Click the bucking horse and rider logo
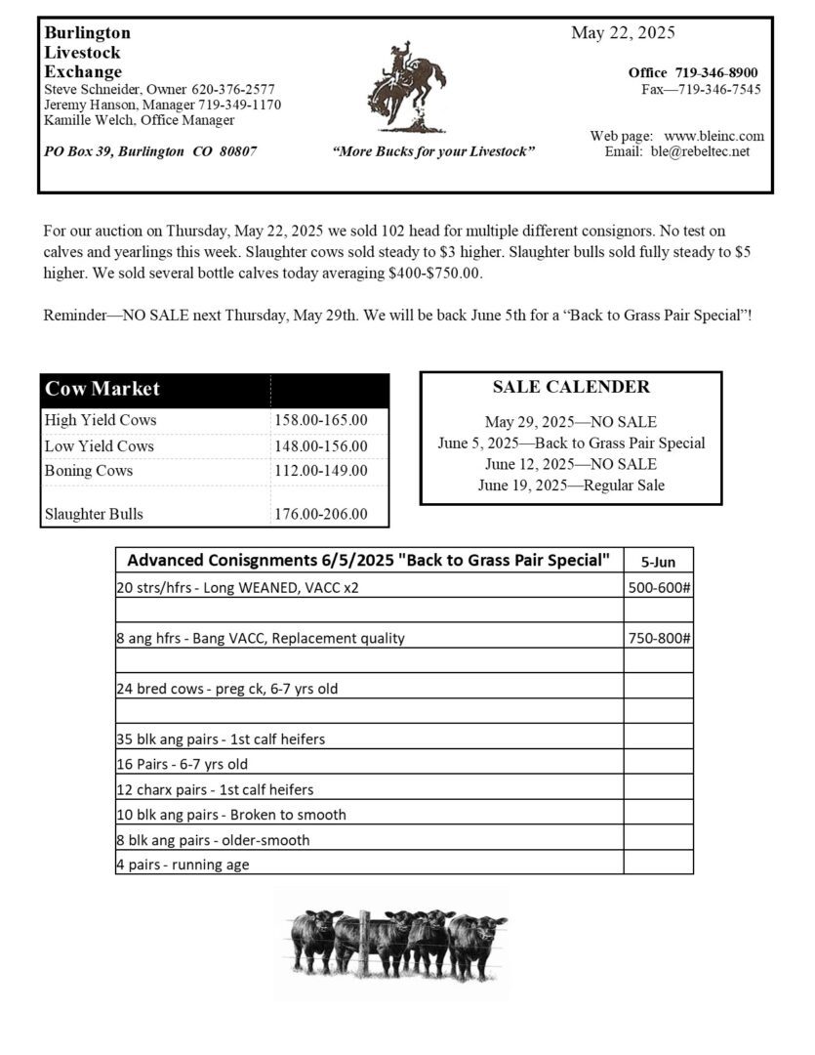point(405,88)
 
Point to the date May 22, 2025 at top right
point(623,33)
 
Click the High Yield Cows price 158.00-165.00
point(321,420)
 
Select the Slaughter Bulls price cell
point(321,514)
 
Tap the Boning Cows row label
point(89,470)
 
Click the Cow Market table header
point(102,388)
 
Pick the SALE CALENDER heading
point(571,387)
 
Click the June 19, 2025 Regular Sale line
point(571,485)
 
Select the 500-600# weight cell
point(658,587)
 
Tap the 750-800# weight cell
point(658,638)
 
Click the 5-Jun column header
point(658,562)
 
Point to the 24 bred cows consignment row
point(227,688)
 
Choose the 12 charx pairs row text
point(215,789)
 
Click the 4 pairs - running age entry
point(183,865)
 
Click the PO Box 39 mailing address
point(150,151)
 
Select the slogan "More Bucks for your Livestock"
point(433,151)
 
